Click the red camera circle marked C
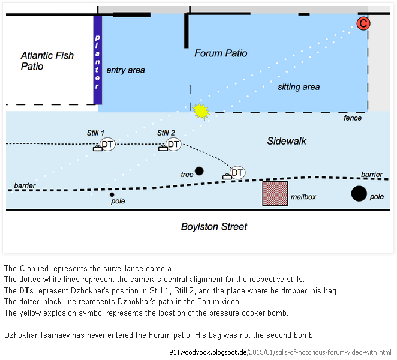point(363,23)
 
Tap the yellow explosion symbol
point(201,112)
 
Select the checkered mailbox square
point(275,193)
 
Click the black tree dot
point(199,171)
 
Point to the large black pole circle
point(359,193)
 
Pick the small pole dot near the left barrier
point(112,194)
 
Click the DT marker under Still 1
point(107,145)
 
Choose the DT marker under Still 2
point(173,145)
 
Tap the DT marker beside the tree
point(237,173)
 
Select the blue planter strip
point(97,59)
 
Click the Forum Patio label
point(221,53)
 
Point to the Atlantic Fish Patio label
point(47,61)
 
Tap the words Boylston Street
point(214,227)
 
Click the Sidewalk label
point(287,141)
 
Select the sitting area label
point(298,87)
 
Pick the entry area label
point(125,70)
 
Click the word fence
point(352,118)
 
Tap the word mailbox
point(303,196)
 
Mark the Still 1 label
point(96,133)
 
